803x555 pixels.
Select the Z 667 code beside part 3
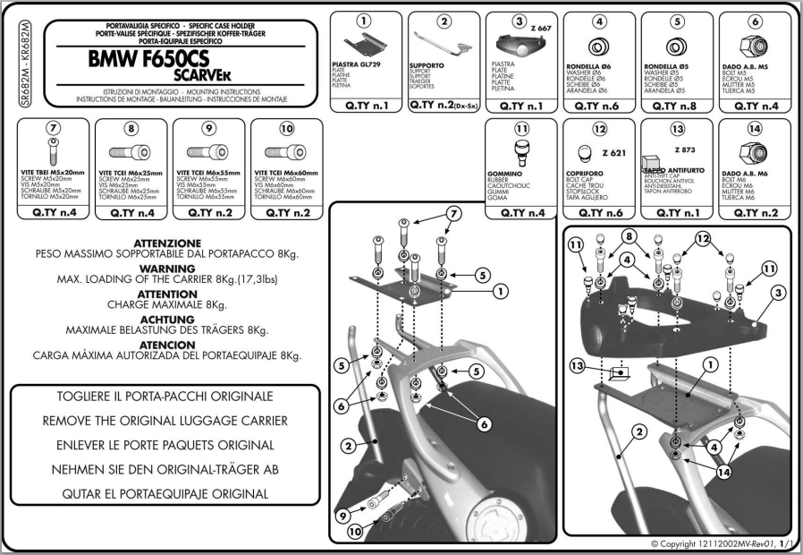pos(542,30)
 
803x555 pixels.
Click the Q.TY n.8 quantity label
pos(677,106)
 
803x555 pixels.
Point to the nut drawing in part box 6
pos(755,44)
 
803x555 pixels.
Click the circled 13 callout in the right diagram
pos(580,366)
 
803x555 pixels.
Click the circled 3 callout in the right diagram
pos(779,292)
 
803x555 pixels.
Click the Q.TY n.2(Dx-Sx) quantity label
pos(444,106)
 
